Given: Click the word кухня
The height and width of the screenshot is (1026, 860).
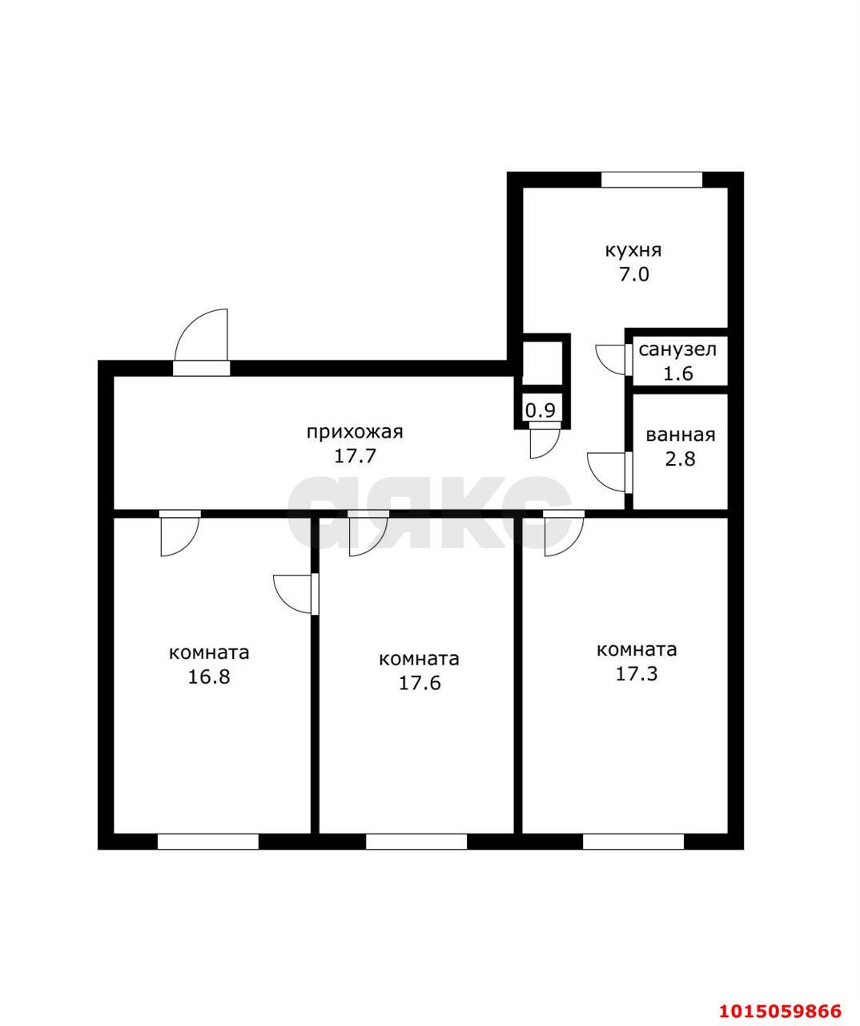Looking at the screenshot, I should (x=633, y=250).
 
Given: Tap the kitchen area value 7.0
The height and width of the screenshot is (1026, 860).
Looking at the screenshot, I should (x=633, y=274).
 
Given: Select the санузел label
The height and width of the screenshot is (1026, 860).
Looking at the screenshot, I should (x=677, y=349).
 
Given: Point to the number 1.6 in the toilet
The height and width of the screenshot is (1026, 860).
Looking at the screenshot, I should (x=677, y=373).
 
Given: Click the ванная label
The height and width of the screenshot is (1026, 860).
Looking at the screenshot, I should (x=680, y=435).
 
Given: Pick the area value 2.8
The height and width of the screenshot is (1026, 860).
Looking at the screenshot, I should (x=680, y=459).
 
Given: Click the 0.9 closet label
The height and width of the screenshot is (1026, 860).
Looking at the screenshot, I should (x=541, y=410).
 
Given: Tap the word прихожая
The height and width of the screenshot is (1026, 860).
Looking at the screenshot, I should (x=355, y=432).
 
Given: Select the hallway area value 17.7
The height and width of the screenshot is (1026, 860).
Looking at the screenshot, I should (x=355, y=456).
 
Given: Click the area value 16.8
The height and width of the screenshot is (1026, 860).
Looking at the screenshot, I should (x=209, y=677).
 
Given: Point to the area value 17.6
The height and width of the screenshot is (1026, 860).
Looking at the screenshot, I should (x=419, y=683).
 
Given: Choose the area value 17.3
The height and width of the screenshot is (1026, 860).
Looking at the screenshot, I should (x=637, y=673).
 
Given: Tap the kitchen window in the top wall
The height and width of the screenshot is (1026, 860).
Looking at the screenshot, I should (x=651, y=180).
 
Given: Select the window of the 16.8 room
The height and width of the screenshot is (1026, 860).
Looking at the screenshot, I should (x=208, y=842).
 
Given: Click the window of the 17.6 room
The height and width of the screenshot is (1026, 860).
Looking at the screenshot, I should (x=416, y=842).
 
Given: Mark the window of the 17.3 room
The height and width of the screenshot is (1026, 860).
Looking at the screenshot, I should (x=633, y=842).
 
